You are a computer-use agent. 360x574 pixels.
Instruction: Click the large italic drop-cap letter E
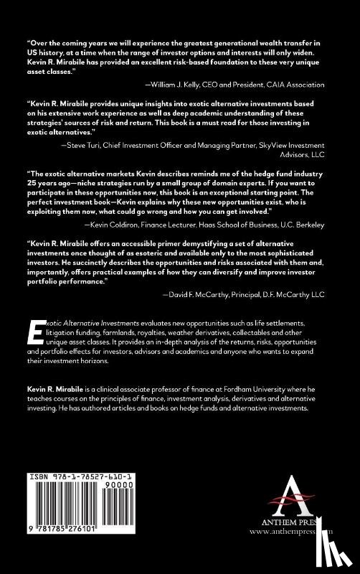[x=31, y=333]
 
